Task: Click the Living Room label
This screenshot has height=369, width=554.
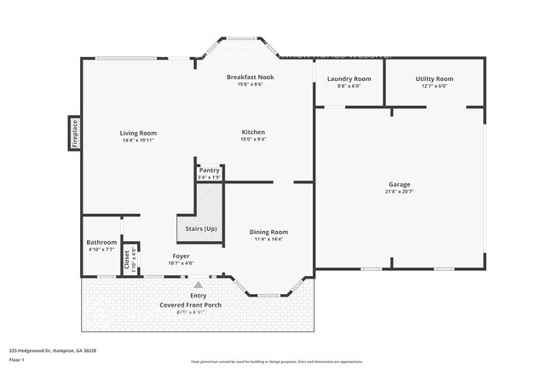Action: tap(137, 133)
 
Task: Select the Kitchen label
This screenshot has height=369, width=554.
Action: tap(253, 132)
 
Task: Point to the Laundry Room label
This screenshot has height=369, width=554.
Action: tap(349, 78)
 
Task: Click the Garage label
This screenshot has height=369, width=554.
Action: tap(400, 184)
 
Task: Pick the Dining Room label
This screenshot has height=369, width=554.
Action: tap(268, 232)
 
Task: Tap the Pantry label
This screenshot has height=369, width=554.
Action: tap(209, 170)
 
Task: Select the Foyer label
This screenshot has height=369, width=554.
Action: tap(181, 256)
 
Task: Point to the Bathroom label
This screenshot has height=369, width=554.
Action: tap(101, 242)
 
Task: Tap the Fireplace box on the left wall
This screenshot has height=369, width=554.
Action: tap(74, 134)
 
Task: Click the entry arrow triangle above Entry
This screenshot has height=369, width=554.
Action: tap(198, 285)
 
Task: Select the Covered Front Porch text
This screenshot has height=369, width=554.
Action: tap(197, 304)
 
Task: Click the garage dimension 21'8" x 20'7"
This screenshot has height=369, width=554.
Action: tap(400, 192)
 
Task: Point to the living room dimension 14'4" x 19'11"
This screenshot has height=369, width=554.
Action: tap(137, 141)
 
